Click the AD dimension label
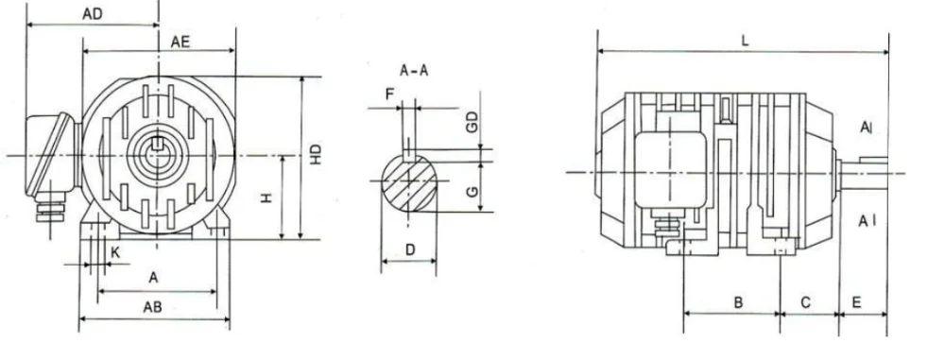tap(93, 14)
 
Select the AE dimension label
tap(180, 42)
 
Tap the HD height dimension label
tap(316, 155)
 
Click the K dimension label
tap(115, 253)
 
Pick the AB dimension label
tap(152, 307)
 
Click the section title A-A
tap(414, 71)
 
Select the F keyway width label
tap(389, 94)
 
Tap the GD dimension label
tap(472, 123)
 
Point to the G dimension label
tap(472, 191)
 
